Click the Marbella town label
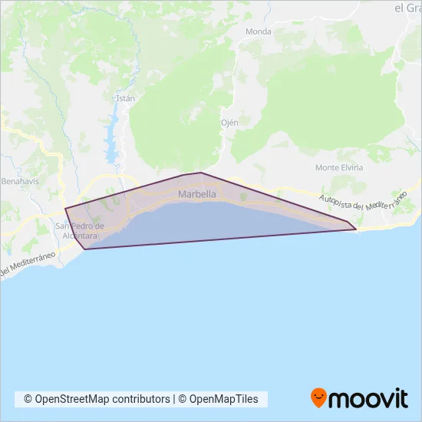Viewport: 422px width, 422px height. pos(196,195)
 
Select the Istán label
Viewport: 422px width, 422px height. pos(124,98)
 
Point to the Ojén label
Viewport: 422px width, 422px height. pos(230,122)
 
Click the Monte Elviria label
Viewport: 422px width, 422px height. pos(338,167)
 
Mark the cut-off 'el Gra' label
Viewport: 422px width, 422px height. pos(408,8)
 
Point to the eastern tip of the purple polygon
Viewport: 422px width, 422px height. pos(356,229)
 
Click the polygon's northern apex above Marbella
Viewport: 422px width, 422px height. pos(200,173)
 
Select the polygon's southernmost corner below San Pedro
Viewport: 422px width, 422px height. pos(84,249)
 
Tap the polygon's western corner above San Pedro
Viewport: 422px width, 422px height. pos(65,209)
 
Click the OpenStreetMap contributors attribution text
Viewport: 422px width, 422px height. pos(97,399)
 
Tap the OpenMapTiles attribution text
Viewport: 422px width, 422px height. pos(223,399)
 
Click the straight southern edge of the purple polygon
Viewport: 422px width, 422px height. pos(223,239)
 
